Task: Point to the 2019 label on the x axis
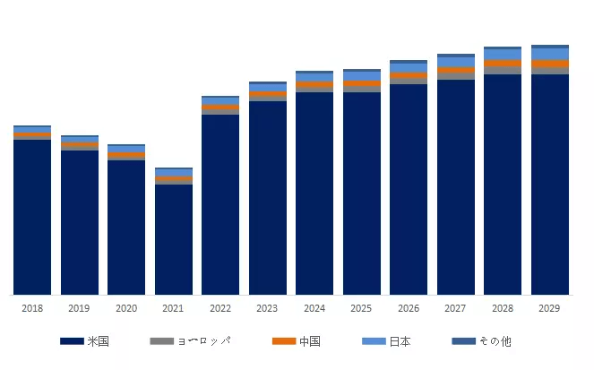click(79, 308)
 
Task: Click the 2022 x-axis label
click(220, 308)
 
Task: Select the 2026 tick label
click(409, 308)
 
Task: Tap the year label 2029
click(549, 308)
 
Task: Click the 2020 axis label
click(126, 308)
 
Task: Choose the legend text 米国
click(98, 341)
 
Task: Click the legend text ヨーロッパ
click(203, 341)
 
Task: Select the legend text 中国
click(309, 341)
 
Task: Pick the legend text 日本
click(400, 341)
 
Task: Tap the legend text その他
click(495, 341)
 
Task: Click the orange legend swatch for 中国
click(283, 341)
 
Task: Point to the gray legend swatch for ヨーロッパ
click(161, 341)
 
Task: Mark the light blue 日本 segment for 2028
click(503, 55)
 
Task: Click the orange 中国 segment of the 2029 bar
click(549, 64)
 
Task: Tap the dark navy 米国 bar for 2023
click(267, 197)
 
